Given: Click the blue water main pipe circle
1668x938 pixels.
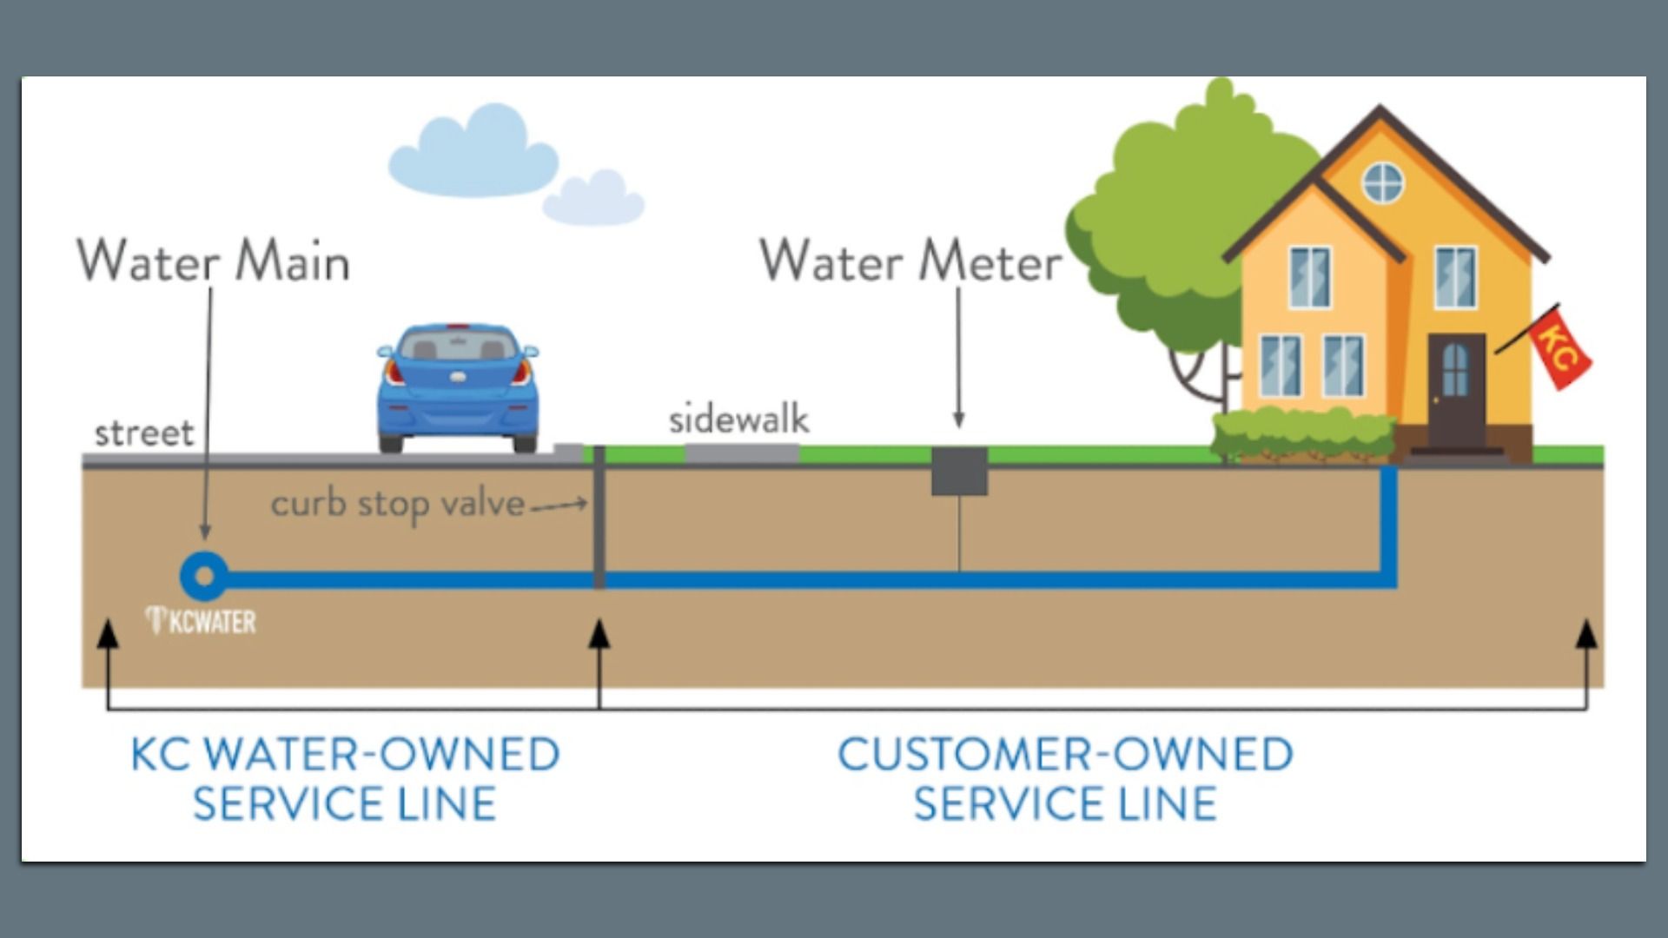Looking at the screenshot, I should pos(204,576).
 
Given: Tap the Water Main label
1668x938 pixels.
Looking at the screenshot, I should pos(214,261).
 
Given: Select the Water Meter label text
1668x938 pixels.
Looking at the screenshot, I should pos(910,261).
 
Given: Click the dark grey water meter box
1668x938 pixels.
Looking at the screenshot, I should pos(959,472).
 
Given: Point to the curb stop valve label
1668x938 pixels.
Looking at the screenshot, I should pos(398,505).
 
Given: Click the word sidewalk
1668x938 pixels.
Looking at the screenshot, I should pos(738,420).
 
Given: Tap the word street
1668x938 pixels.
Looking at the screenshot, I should pos(144,433).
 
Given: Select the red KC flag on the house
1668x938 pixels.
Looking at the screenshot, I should pos(1559,347).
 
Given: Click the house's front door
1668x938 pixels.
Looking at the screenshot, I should pos(1455,391).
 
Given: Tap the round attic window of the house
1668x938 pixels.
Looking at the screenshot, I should pos(1383,182).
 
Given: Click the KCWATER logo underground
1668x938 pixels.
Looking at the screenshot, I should pos(202,621).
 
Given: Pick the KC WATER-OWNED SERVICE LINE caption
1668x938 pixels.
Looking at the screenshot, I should pos(345,778).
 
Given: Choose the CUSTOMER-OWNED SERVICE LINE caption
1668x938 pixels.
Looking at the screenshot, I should pos(1065,778).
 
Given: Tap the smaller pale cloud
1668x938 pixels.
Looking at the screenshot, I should pos(593,199).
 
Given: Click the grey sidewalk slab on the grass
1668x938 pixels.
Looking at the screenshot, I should pos(741,453).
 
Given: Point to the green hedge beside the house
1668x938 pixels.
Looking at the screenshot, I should pos(1302,434).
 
